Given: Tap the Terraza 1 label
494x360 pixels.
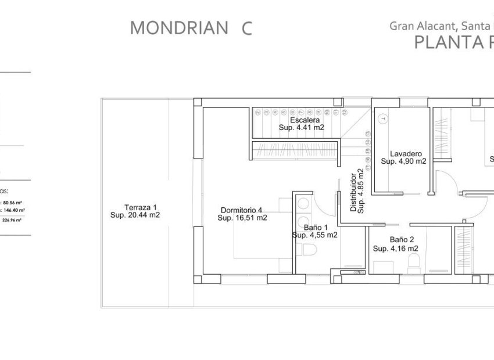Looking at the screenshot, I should (x=140, y=207).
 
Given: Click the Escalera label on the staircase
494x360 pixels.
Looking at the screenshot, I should (x=301, y=120).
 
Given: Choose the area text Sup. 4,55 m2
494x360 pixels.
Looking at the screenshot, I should (x=314, y=235).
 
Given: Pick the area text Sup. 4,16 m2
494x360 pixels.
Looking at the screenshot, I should (x=395, y=248).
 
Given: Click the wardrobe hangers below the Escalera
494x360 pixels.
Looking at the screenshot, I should (x=295, y=146).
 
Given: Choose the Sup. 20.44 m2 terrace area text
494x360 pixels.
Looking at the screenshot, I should (x=135, y=215).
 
